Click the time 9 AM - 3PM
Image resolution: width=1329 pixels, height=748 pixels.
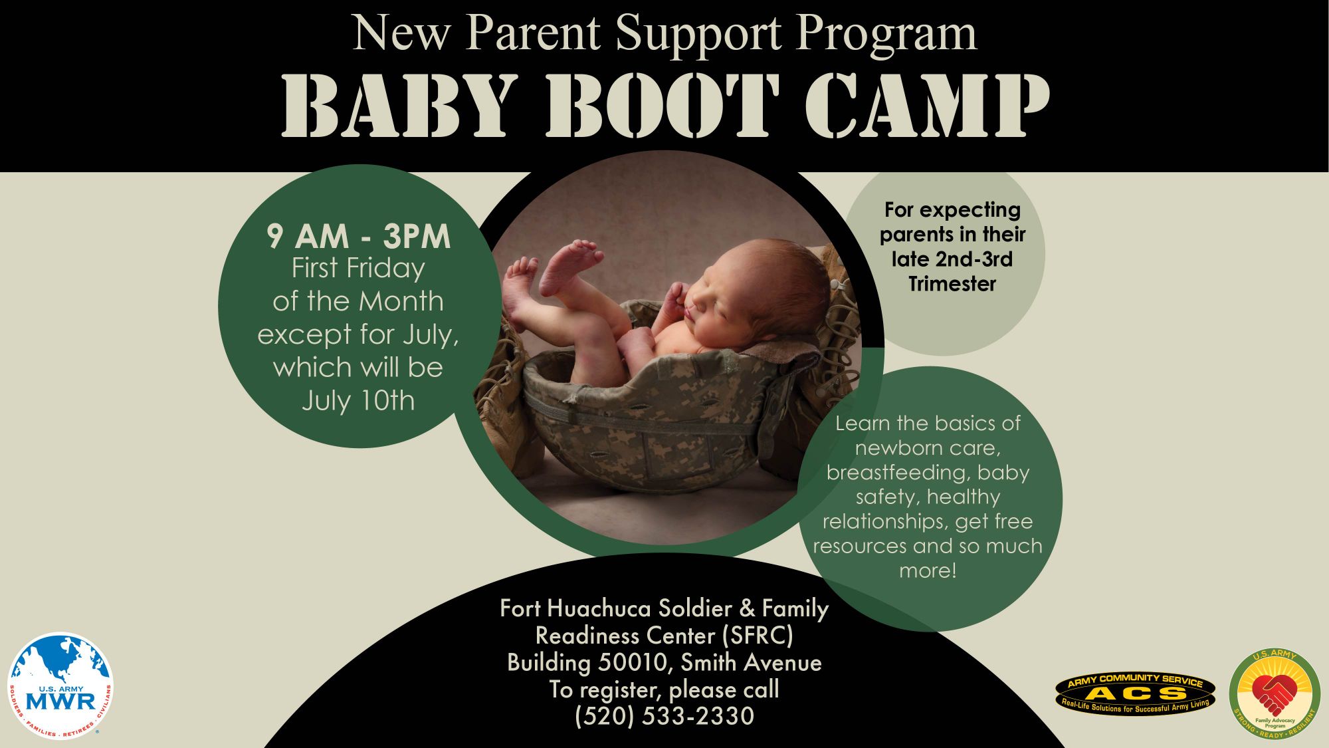point(359,236)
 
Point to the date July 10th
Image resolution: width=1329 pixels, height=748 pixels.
point(358,400)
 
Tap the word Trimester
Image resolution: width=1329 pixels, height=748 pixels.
point(952,284)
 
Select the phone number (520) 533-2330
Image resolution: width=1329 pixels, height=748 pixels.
point(664,716)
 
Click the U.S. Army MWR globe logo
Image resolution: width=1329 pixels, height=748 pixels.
point(60,686)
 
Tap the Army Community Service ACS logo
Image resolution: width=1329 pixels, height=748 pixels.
point(1135,693)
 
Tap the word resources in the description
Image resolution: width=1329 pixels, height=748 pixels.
point(860,547)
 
